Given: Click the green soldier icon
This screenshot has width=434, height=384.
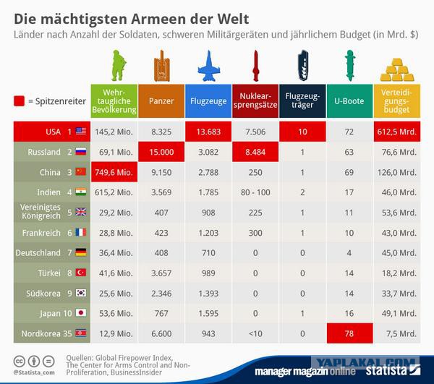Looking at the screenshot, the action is (x=119, y=65).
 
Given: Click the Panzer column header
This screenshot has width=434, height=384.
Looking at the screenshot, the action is (x=161, y=101).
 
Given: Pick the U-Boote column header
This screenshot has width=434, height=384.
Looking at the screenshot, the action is (x=349, y=101).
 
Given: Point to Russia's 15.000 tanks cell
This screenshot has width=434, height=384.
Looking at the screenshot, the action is (x=161, y=152).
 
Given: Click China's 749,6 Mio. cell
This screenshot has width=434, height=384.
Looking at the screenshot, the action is (x=114, y=172).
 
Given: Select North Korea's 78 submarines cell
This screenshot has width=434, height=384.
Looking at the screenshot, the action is (x=349, y=333).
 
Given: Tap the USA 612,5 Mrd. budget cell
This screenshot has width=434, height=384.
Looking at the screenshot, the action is (x=397, y=132).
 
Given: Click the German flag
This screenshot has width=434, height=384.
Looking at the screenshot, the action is (x=81, y=252).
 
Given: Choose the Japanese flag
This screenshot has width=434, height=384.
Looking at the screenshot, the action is (x=81, y=313).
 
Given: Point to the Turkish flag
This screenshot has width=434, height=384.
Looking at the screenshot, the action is (x=81, y=273).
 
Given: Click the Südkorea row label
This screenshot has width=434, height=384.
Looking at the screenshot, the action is (x=43, y=294).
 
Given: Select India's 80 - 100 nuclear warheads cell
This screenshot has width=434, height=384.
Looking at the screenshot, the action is (x=255, y=192).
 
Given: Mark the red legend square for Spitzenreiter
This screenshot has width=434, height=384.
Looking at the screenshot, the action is (x=19, y=101).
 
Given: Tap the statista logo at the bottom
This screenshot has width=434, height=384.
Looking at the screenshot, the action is (x=393, y=370).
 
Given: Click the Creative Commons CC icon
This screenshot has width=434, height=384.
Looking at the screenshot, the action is (x=20, y=362).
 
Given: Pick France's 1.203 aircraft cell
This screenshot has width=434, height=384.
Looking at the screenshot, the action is (x=208, y=233).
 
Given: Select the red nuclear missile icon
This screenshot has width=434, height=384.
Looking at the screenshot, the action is (x=256, y=66).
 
